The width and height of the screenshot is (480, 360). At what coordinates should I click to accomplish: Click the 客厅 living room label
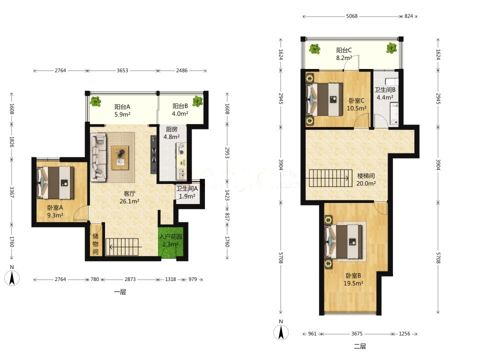(129, 193)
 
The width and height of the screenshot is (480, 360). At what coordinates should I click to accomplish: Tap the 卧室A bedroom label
(55, 207)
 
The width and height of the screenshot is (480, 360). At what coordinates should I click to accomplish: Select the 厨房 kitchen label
(171, 129)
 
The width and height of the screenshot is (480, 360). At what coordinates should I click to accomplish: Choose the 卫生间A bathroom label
(187, 188)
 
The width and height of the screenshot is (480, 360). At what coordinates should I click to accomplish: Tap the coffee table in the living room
(120, 157)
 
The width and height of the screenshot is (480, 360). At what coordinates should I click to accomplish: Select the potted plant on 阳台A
(95, 101)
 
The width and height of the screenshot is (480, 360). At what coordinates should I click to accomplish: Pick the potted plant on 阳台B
(197, 100)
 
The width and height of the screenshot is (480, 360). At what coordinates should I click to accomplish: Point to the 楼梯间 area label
(366, 176)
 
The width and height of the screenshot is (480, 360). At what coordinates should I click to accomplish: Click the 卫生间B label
(385, 89)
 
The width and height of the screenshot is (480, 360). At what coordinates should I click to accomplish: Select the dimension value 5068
(351, 16)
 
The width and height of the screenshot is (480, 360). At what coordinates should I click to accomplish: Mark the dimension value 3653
(122, 70)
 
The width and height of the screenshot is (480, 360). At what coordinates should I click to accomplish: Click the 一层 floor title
(120, 291)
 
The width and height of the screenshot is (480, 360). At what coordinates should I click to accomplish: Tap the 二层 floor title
(360, 346)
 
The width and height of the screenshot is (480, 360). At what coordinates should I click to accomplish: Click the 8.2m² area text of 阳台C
(344, 57)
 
